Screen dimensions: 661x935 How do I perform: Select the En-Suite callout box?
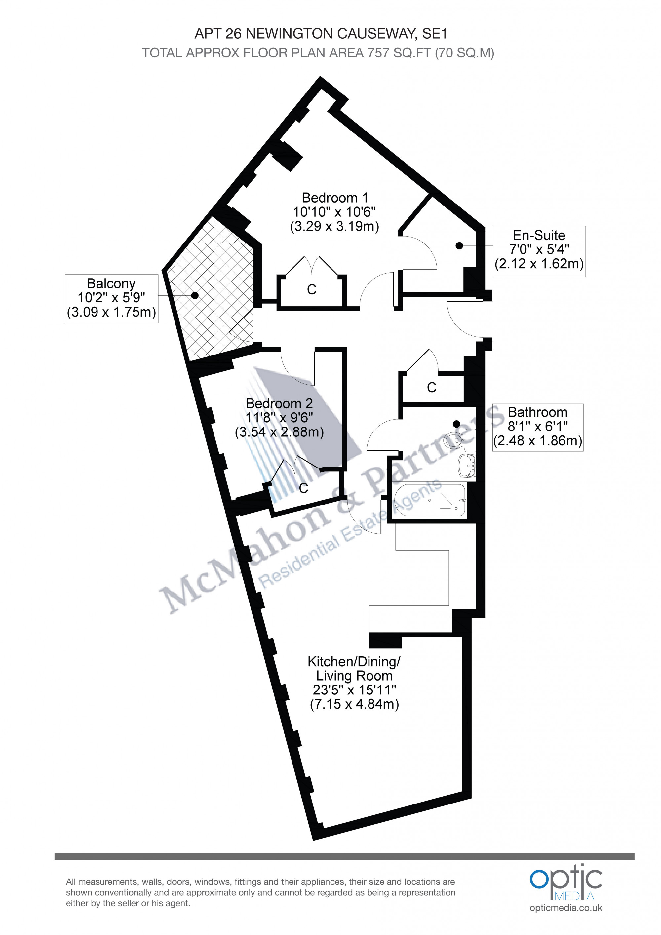click(x=539, y=251)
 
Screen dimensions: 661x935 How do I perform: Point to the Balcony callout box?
click(x=112, y=299)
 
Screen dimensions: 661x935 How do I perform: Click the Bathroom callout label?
click(x=538, y=427)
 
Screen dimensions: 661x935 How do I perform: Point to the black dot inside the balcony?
click(x=195, y=295)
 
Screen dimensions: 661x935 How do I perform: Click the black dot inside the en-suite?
click(x=459, y=245)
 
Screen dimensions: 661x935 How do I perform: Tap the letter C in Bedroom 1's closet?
click(x=312, y=289)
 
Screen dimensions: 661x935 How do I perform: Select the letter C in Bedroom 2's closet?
click(x=303, y=488)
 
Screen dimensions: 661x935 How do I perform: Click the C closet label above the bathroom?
click(x=432, y=387)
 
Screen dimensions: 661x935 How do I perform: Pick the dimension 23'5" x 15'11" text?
click(x=354, y=690)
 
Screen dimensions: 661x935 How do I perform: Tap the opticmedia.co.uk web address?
click(x=566, y=908)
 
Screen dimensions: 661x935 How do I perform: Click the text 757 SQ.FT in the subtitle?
click(x=399, y=53)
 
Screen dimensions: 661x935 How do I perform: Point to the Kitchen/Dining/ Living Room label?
click(x=354, y=668)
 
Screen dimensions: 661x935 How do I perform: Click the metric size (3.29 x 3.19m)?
click(x=334, y=226)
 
